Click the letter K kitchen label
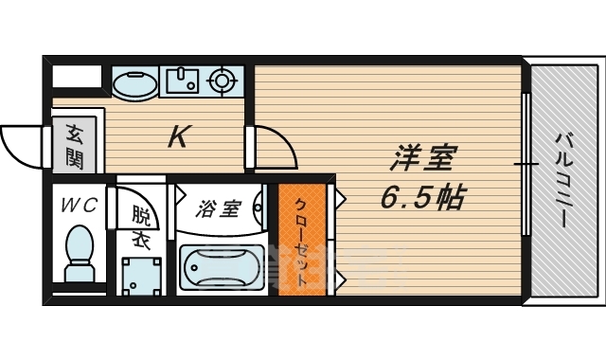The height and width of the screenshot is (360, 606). click(x=177, y=138)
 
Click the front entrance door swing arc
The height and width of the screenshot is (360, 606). click(x=21, y=147)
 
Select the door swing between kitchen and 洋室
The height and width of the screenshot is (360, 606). click(x=275, y=147)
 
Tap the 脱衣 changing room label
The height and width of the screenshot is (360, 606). click(x=141, y=227)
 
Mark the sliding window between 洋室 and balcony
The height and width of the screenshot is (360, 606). click(x=525, y=166)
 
